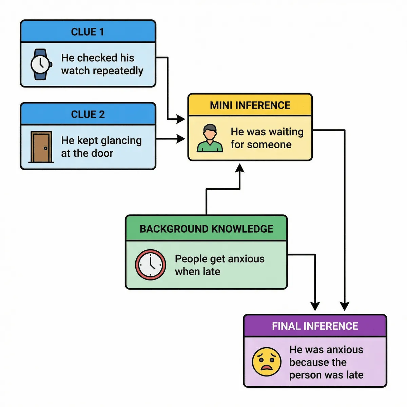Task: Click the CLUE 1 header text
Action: pyautogui.click(x=88, y=32)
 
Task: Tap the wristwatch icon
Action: pyautogui.click(x=41, y=64)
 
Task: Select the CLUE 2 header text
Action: pyautogui.click(x=88, y=114)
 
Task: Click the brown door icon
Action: pyautogui.click(x=41, y=147)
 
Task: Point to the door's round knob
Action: pyautogui.click(x=45, y=148)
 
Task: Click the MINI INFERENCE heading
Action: pyautogui.click(x=250, y=105)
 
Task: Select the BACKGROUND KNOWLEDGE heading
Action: pyautogui.click(x=206, y=229)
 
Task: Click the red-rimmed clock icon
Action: pyautogui.click(x=150, y=265)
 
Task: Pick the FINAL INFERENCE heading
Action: pyautogui.click(x=315, y=326)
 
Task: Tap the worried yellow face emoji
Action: pyautogui.click(x=267, y=362)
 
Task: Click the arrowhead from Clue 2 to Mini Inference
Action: pyautogui.click(x=181, y=138)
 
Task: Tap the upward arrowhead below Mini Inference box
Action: pyautogui.click(x=240, y=168)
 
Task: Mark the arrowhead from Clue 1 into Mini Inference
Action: pyautogui.click(x=181, y=119)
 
